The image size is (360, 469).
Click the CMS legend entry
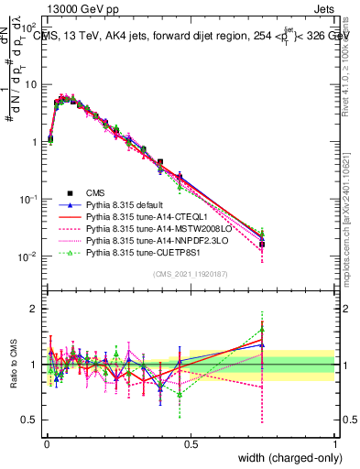[95, 192]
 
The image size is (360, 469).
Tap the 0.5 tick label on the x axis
[190, 444]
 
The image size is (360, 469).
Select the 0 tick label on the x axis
[45, 444]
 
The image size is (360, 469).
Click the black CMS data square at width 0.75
[262, 245]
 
